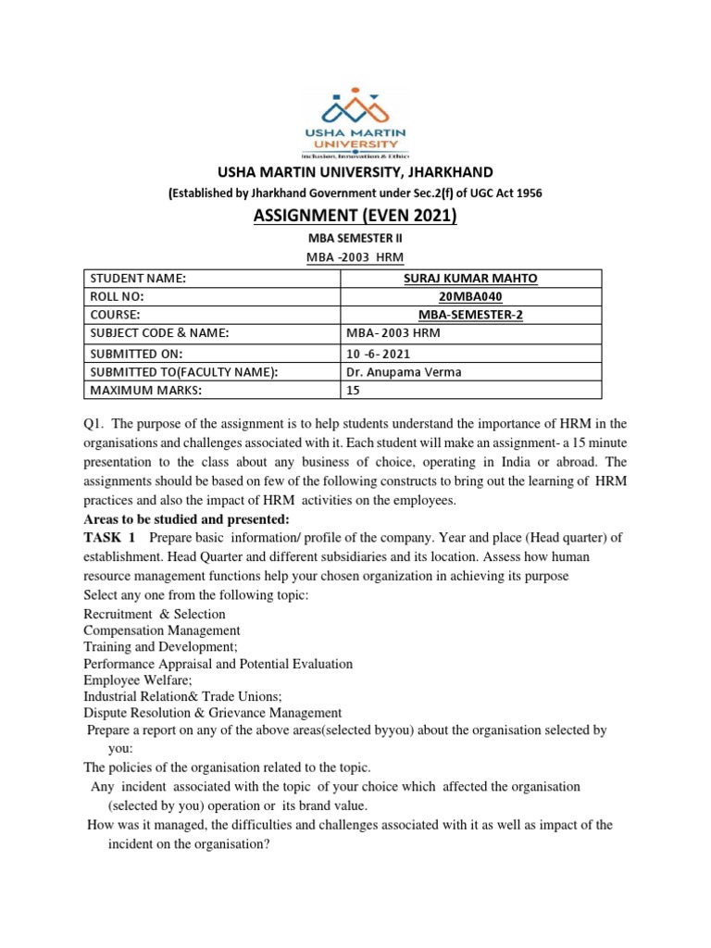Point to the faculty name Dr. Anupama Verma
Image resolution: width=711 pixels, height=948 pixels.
tap(399, 372)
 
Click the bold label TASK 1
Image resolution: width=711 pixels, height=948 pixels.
tap(109, 539)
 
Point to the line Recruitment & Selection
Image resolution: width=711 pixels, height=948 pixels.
tap(154, 614)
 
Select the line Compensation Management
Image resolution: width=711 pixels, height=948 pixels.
tap(162, 630)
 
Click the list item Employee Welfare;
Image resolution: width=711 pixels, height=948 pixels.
tap(136, 680)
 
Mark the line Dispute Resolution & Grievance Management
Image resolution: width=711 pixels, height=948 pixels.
tap(212, 713)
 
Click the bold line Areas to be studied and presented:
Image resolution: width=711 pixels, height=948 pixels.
tap(186, 518)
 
